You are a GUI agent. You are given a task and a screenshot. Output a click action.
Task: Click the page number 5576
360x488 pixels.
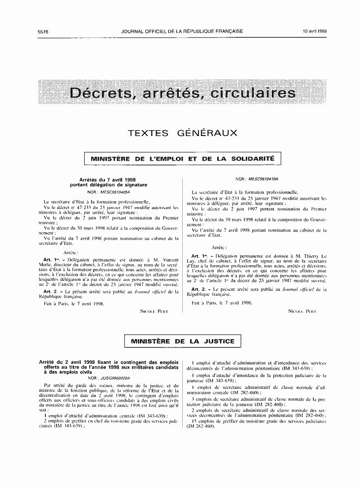[43, 31]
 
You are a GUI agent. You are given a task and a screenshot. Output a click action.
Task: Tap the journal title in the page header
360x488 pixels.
[182, 31]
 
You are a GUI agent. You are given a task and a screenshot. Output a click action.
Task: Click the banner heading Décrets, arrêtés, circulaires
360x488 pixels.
[183, 93]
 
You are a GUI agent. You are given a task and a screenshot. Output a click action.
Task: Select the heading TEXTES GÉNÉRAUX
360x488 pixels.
[183, 133]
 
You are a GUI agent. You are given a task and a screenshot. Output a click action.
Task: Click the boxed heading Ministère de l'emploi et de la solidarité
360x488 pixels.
[183, 159]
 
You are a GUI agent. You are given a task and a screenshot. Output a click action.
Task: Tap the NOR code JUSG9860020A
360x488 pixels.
[102, 378]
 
